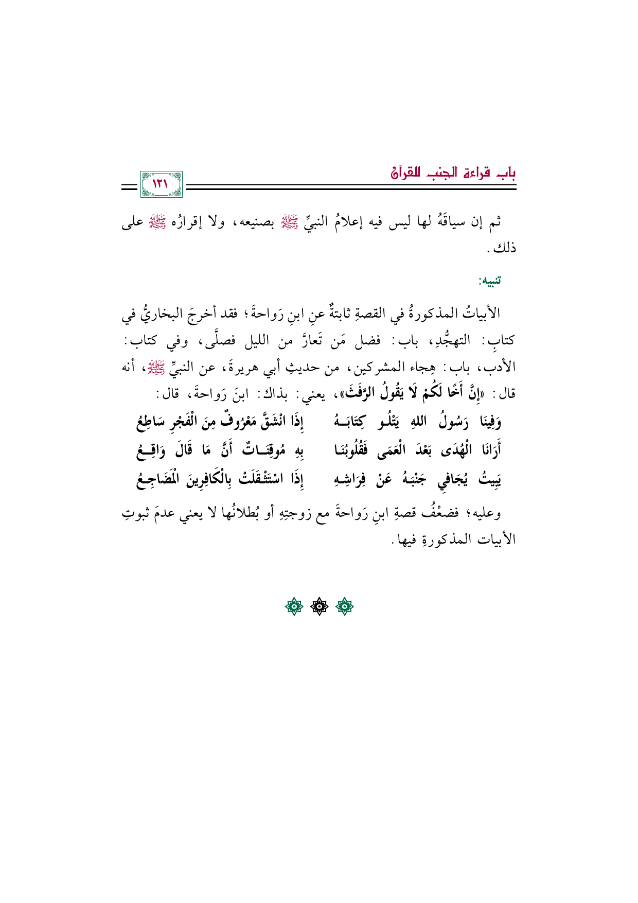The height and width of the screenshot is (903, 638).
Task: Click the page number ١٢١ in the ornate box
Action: [161, 184]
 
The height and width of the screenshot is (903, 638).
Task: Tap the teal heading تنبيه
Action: [489, 281]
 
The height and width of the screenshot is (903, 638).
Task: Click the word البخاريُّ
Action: [161, 313]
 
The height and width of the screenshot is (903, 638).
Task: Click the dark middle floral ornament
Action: [319, 607]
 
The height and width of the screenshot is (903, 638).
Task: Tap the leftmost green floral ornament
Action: [294, 607]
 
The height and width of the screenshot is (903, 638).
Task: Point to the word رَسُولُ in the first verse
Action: [452, 422]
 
